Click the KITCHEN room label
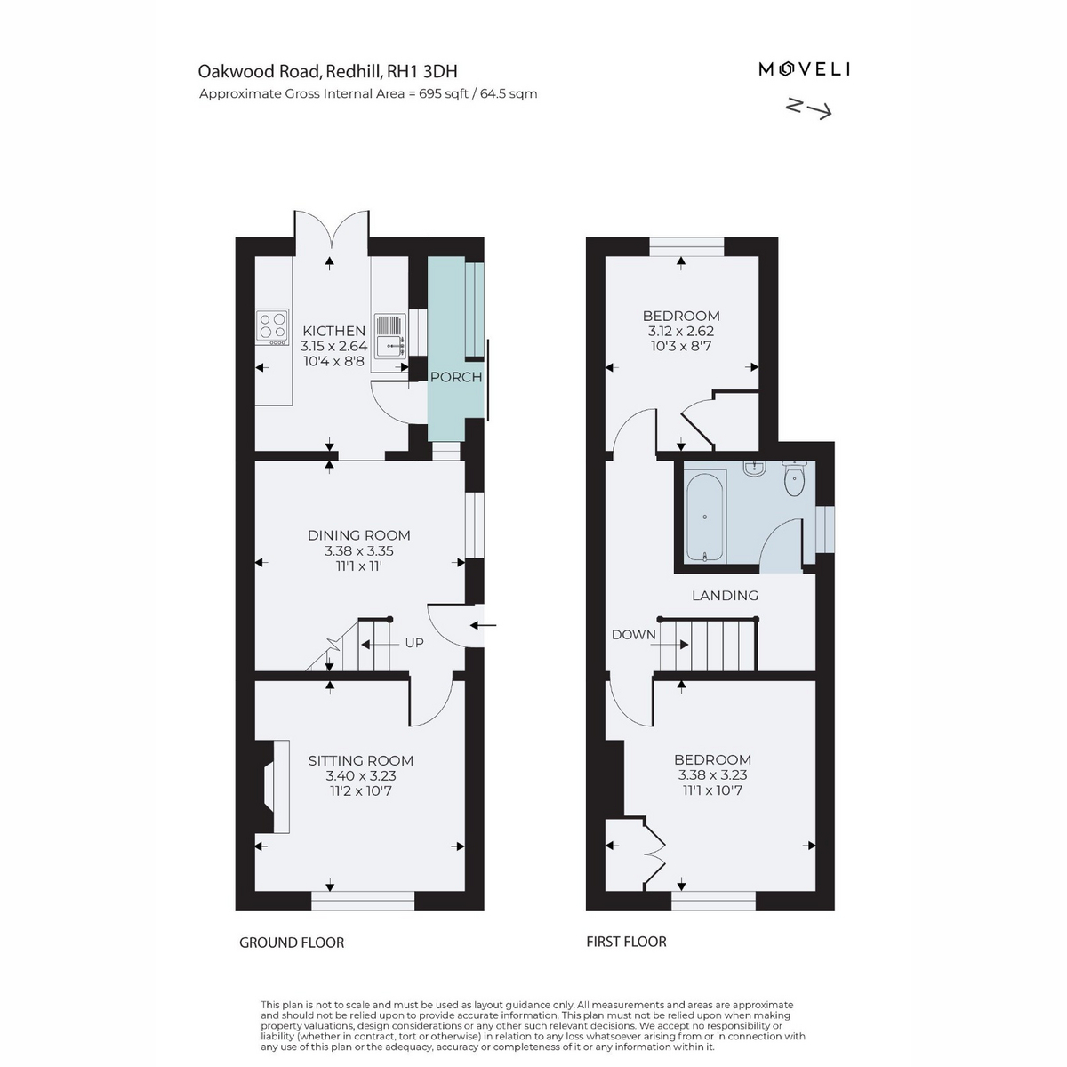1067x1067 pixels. [x=333, y=331]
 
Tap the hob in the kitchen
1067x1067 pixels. [x=272, y=327]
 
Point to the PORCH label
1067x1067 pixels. [x=456, y=377]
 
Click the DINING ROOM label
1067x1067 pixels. [x=359, y=535]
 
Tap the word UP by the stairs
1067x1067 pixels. [x=414, y=643]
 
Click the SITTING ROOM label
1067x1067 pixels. [x=360, y=760]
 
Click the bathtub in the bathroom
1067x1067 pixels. [x=705, y=517]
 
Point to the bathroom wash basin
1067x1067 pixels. [x=754, y=469]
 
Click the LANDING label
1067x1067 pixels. [x=725, y=595]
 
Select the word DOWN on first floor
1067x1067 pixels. [x=633, y=635]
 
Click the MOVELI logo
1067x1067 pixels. [x=804, y=69]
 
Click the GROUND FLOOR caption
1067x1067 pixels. [x=292, y=943]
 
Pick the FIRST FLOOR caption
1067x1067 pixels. [x=626, y=942]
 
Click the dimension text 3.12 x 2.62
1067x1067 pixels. [x=681, y=331]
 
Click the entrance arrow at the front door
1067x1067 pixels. [x=484, y=625]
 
